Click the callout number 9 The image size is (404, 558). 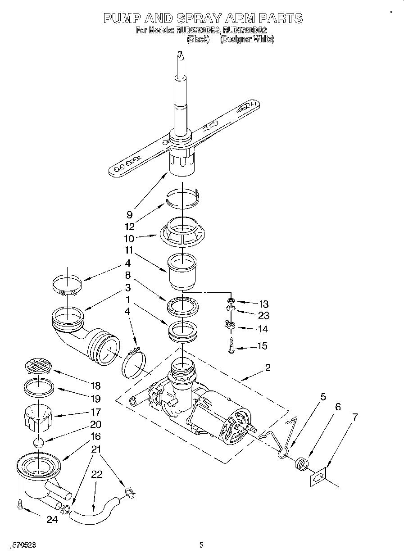pyautogui.click(x=129, y=215)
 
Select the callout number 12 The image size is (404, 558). pyautogui.click(x=130, y=227)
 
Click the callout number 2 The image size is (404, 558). pyautogui.click(x=268, y=367)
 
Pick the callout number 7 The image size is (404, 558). pyautogui.click(x=355, y=417)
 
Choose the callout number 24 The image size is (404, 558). pyautogui.click(x=52, y=519)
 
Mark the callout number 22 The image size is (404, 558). pyautogui.click(x=97, y=474)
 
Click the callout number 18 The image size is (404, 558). pyautogui.click(x=95, y=386)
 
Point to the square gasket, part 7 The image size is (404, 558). pyautogui.click(x=318, y=478)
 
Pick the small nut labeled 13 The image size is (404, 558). pyautogui.click(x=230, y=300)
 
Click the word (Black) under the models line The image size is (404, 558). pyautogui.click(x=198, y=39)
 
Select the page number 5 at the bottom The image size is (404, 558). pyautogui.click(x=201, y=545)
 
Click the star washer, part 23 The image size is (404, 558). pyautogui.click(x=230, y=310)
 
